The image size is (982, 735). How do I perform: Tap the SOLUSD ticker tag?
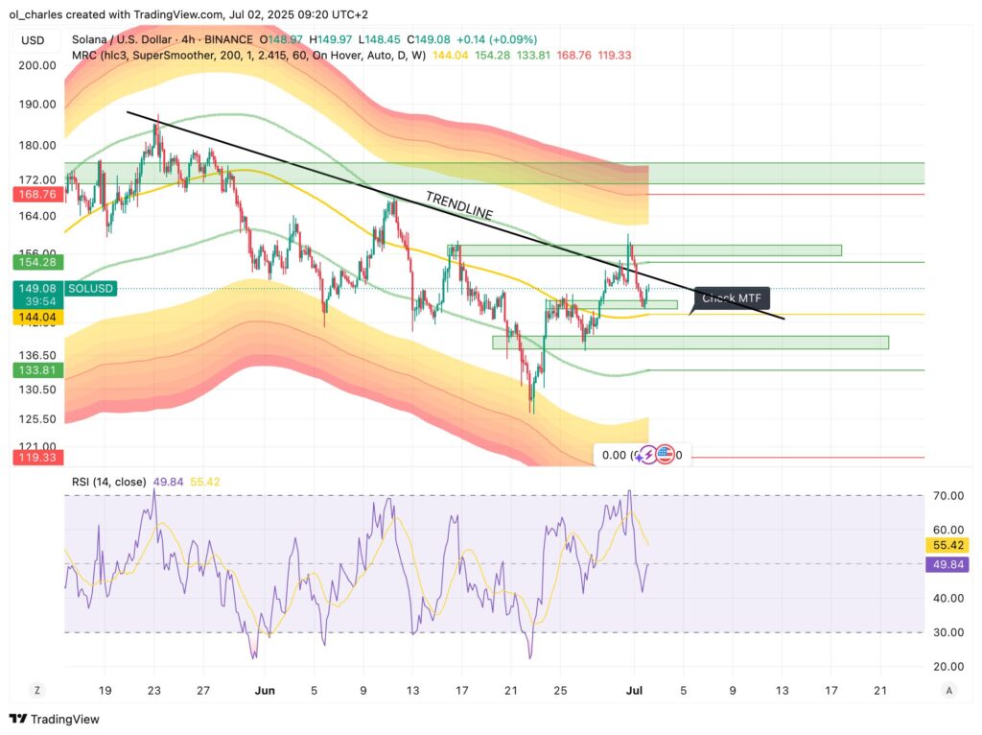pyautogui.click(x=92, y=288)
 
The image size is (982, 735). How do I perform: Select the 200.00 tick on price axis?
pyautogui.click(x=36, y=65)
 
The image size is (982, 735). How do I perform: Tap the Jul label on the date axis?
pyautogui.click(x=633, y=690)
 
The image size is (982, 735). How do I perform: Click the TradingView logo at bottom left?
pyautogui.click(x=55, y=719)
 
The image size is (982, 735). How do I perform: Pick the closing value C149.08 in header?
pyautogui.click(x=431, y=39)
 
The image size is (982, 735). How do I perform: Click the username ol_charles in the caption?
pyautogui.click(x=38, y=14)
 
